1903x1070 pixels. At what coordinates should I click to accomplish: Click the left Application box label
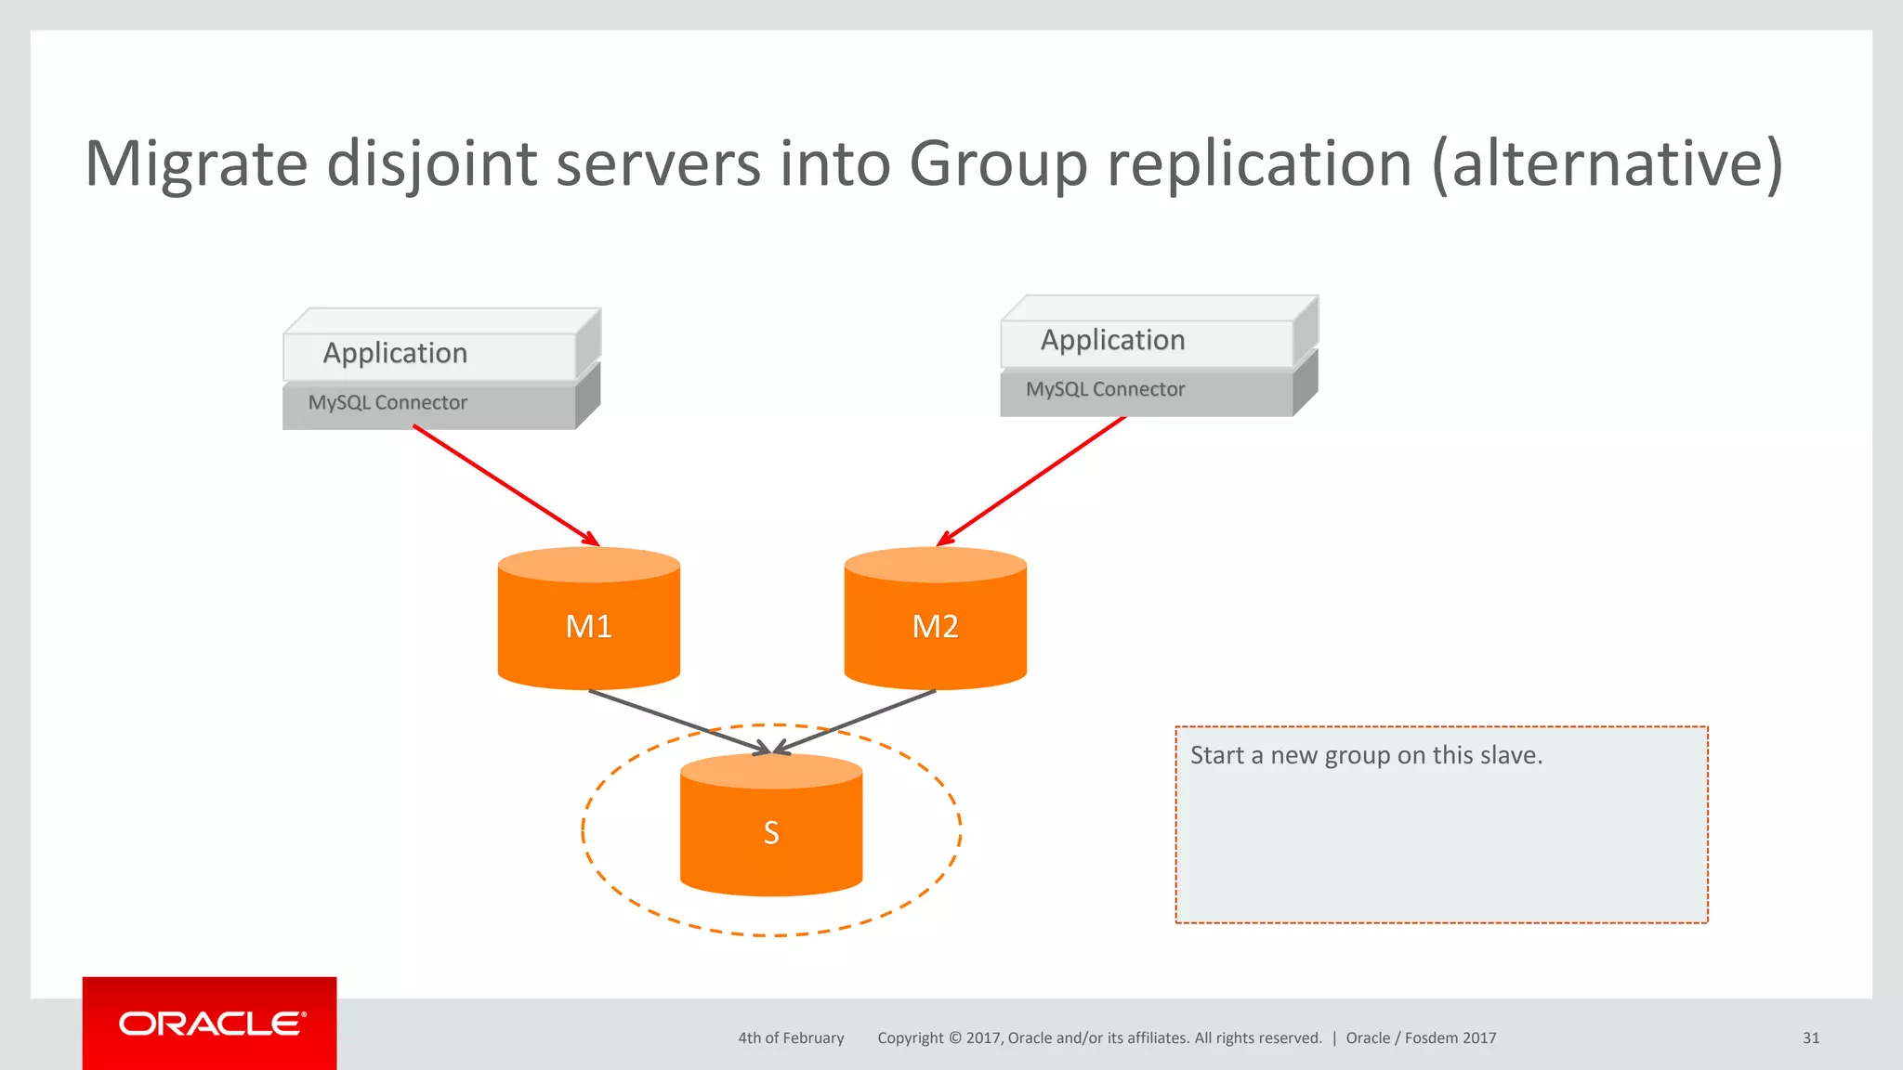pos(395,353)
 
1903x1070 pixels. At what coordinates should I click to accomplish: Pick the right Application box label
pos(1112,340)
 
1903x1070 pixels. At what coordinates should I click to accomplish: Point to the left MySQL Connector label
pos(387,403)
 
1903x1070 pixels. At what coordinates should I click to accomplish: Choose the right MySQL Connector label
pos(1105,389)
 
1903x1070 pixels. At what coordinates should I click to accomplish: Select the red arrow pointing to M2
pos(1031,481)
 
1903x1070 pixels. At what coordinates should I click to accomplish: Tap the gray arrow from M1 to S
pos(678,722)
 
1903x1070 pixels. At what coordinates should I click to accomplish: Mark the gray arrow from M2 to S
pos(855,721)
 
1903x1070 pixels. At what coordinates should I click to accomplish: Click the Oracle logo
pos(211,1024)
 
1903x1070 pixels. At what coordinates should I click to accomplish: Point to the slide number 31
pos(1810,1038)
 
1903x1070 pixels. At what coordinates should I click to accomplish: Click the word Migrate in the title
pos(196,164)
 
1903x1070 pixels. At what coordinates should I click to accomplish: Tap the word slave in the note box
pos(1509,755)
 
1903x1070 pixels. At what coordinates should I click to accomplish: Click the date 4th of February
pos(791,1038)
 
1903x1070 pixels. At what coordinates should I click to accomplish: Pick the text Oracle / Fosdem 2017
pos(1421,1038)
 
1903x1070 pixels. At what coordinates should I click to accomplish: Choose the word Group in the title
pos(998,164)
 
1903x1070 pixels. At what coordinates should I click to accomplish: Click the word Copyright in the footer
pos(910,1038)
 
